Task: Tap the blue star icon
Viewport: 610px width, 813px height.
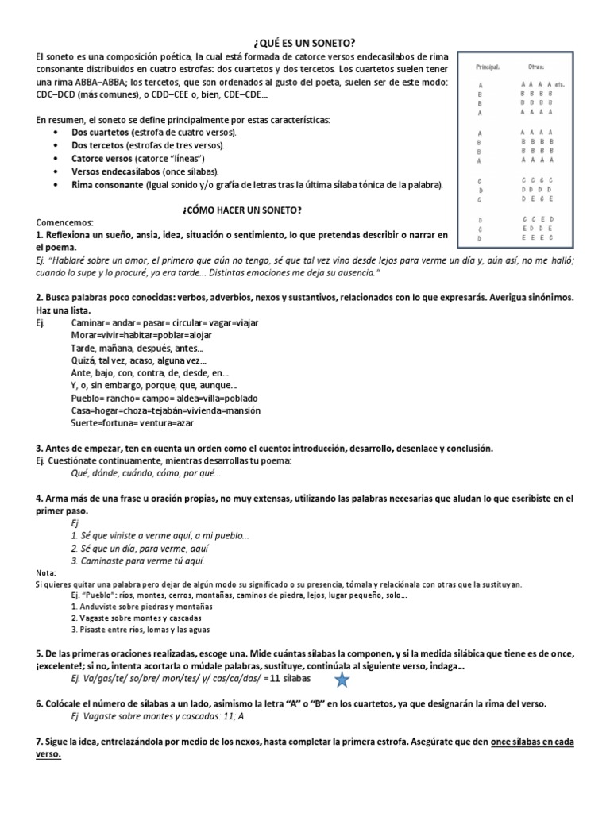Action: pyautogui.click(x=342, y=680)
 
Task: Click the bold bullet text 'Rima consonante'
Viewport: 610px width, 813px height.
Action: pyautogui.click(x=106, y=185)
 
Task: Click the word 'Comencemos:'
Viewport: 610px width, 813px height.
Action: pyautogui.click(x=64, y=223)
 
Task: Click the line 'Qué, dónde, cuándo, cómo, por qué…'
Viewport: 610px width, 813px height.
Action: pyautogui.click(x=146, y=474)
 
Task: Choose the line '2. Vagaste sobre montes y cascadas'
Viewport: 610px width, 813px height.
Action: pyautogui.click(x=136, y=618)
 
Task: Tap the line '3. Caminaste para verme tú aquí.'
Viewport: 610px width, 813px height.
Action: pyautogui.click(x=133, y=561)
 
